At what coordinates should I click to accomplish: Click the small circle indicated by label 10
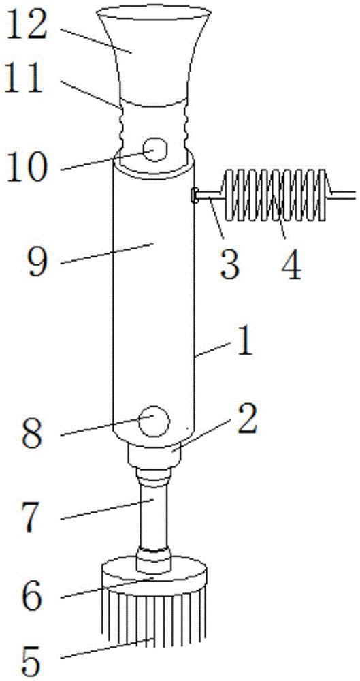[154, 150]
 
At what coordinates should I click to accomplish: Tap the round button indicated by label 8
[153, 422]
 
